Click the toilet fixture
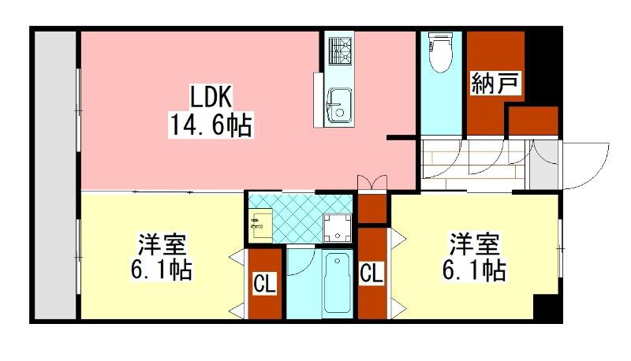tap(441, 53)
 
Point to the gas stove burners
tap(341, 50)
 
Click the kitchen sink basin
tap(340, 106)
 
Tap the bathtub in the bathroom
tap(338, 283)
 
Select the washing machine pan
tap(338, 227)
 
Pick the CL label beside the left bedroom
tap(264, 284)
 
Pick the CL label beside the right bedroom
tap(371, 274)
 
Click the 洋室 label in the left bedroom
tap(162, 244)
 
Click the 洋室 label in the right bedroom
tap(475, 244)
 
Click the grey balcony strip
tap(55, 175)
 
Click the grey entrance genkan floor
tap(542, 165)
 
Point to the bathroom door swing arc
tap(304, 265)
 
